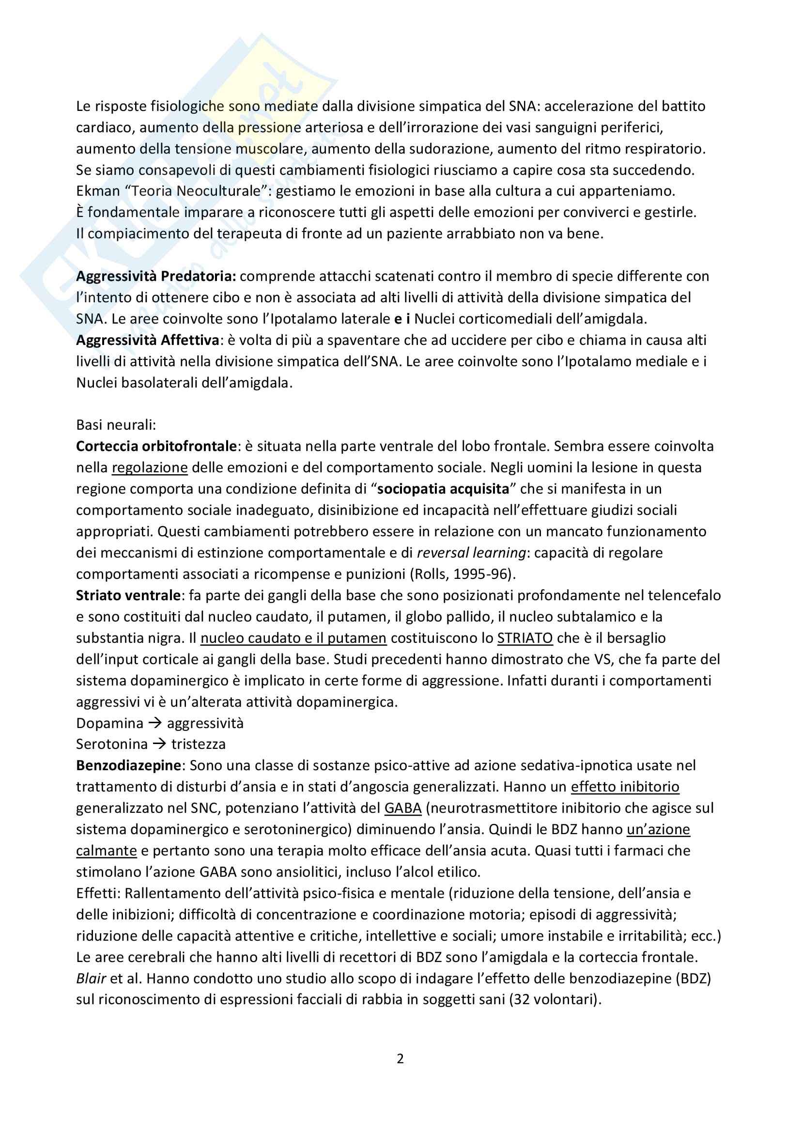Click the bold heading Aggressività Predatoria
[x=156, y=276]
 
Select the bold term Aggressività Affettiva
[x=148, y=340]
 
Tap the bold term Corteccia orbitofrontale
[x=156, y=446]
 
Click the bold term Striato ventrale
[x=128, y=595]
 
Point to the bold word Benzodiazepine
[x=129, y=765]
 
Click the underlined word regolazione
[x=150, y=467]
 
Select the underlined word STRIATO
[x=525, y=638]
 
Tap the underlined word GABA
[x=403, y=808]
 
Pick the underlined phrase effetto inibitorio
[x=625, y=787]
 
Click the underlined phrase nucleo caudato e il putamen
[x=293, y=638]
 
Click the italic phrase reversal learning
[x=472, y=553]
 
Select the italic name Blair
[x=91, y=978]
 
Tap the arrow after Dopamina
[x=155, y=723]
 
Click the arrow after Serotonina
[x=159, y=744]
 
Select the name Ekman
[x=98, y=191]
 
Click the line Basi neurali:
[x=116, y=425]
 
